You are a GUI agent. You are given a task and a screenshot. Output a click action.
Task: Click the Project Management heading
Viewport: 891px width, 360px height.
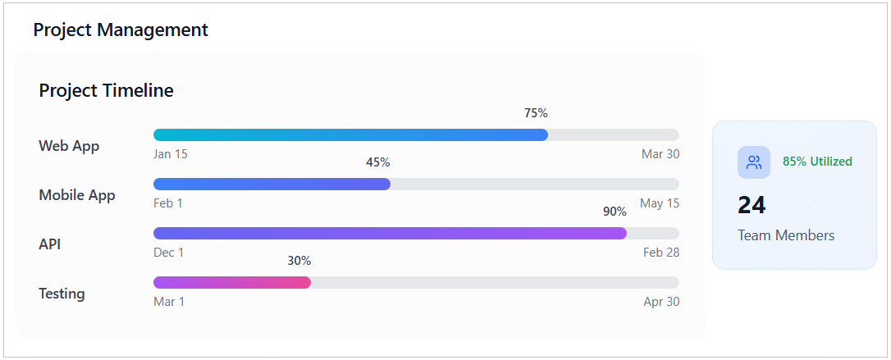click(121, 30)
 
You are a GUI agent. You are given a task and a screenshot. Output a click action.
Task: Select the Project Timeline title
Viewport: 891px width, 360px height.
click(106, 90)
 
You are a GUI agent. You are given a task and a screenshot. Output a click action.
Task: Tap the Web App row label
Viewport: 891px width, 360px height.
click(69, 146)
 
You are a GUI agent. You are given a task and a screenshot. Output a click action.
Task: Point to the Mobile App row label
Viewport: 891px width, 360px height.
click(77, 195)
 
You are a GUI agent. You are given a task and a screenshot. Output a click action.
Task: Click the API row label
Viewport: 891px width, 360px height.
click(50, 244)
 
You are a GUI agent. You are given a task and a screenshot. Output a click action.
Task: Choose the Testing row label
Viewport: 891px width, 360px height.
click(62, 294)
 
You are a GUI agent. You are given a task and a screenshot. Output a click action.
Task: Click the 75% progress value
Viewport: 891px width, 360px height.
click(536, 113)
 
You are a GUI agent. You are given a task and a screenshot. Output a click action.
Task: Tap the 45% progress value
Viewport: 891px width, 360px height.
click(377, 162)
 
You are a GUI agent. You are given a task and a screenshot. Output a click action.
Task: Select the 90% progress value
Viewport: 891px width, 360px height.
click(615, 212)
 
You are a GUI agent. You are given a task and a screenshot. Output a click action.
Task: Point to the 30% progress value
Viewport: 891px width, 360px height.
click(299, 261)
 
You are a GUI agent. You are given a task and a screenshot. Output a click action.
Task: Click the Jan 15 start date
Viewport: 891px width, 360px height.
click(171, 154)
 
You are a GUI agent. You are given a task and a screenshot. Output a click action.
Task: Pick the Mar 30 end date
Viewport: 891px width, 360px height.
click(660, 154)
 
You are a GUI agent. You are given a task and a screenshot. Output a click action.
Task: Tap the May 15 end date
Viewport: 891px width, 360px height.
click(660, 203)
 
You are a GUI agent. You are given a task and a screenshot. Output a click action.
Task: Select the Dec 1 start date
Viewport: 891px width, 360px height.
click(169, 253)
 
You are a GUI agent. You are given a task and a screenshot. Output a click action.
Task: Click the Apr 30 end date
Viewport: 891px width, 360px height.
click(661, 302)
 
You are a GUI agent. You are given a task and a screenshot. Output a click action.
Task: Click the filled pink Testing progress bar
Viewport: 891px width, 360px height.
click(232, 282)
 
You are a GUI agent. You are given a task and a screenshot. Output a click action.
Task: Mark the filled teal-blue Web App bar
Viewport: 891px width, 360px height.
click(350, 134)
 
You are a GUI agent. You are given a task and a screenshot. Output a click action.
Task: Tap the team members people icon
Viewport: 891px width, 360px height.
click(753, 162)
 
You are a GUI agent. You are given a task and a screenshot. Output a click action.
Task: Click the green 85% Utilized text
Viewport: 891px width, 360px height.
click(817, 162)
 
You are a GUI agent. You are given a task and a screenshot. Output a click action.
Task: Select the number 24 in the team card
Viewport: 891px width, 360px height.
click(752, 205)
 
